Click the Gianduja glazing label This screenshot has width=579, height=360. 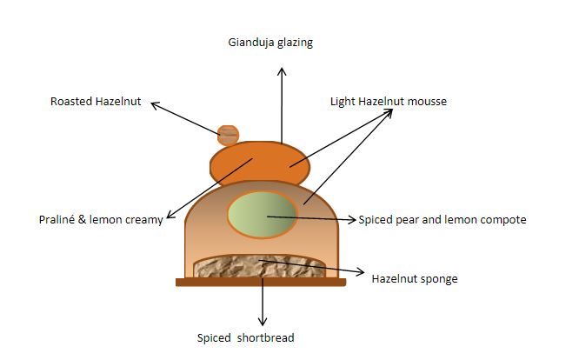(270, 43)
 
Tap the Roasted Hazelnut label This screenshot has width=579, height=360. (96, 101)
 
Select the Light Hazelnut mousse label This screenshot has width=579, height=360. (389, 102)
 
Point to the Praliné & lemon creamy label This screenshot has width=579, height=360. (101, 220)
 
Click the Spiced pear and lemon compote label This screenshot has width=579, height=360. (443, 220)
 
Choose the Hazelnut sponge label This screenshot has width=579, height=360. (415, 279)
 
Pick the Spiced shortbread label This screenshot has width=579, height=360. (245, 338)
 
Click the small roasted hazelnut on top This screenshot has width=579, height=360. (228, 135)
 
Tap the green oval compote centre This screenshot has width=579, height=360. (263, 214)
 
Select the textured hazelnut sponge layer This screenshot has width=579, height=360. (260, 267)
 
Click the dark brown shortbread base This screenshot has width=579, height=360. (261, 283)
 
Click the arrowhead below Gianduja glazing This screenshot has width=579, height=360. (282, 71)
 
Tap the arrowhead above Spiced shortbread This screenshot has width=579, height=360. (263, 321)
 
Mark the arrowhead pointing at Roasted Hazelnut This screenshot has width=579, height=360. (156, 105)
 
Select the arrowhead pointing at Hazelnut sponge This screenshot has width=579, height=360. (360, 272)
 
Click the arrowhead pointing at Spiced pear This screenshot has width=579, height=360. (351, 220)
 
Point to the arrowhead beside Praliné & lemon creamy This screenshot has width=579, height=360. (170, 215)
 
